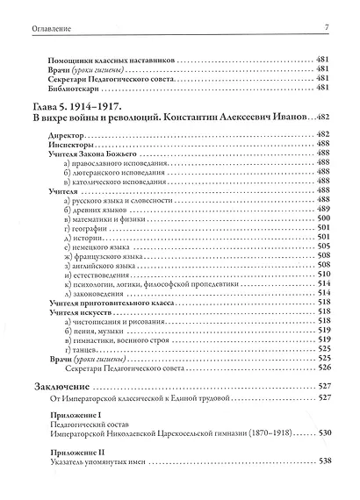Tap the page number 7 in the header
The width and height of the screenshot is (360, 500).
pyautogui.click(x=326, y=29)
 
